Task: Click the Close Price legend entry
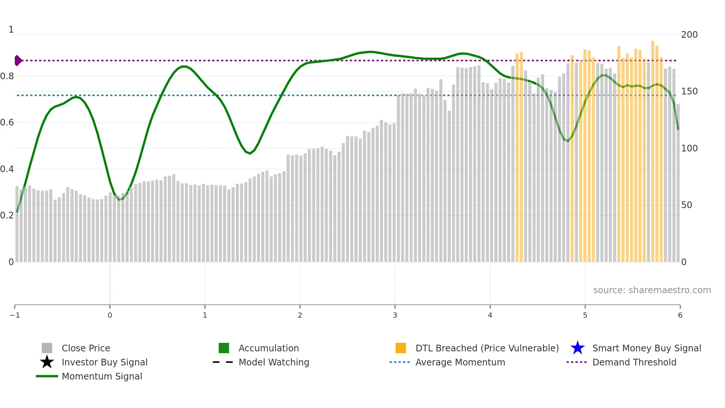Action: point(85,348)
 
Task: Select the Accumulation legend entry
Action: point(268,348)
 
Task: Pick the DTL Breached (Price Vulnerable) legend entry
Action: point(487,348)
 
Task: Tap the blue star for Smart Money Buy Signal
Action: point(577,348)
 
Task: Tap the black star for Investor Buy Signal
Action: point(47,362)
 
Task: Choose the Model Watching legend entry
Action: point(273,362)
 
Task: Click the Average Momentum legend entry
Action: point(460,362)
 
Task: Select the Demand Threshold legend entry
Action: point(634,362)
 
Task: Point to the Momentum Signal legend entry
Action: point(102,376)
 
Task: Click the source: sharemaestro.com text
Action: point(652,290)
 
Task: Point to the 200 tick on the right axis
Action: point(689,35)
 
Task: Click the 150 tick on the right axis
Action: point(689,91)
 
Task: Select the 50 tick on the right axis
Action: point(687,205)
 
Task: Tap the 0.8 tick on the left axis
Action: point(7,76)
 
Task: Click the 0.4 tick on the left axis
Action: point(7,169)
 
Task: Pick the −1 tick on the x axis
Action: point(15,315)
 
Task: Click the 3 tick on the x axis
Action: point(395,315)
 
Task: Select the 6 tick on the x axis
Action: point(680,315)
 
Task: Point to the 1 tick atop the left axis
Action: point(11,30)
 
